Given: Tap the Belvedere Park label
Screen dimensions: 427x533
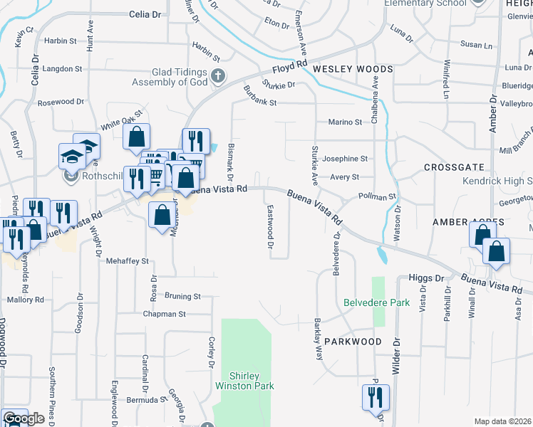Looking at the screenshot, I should (376, 302).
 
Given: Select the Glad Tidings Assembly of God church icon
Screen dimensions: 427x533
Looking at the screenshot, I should (219, 75).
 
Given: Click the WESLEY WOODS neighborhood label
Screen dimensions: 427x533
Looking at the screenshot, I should (353, 69).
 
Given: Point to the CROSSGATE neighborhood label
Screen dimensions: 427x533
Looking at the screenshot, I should (454, 167).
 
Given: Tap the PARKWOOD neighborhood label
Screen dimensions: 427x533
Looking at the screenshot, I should (353, 342).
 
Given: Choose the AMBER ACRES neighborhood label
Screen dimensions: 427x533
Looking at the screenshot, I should (468, 223).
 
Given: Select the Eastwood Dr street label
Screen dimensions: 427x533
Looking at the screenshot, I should (270, 227).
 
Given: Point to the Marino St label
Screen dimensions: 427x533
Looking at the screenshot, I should (346, 122).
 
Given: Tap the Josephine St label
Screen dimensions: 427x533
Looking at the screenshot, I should (345, 159).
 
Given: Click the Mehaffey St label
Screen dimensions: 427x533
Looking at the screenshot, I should (127, 261).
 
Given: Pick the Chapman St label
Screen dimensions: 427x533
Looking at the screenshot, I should (164, 314).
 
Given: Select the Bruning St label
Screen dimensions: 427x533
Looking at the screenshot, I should (182, 295).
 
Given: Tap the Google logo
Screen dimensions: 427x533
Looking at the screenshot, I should (24, 419).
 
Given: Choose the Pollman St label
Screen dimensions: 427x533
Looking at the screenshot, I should (377, 196).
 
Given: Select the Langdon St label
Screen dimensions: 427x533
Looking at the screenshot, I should (63, 69).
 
